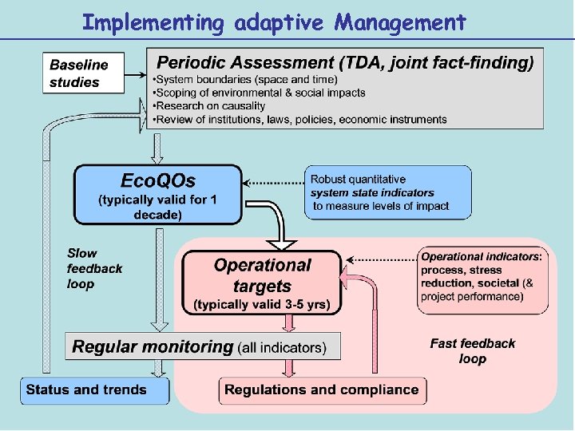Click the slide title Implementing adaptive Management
coord(274,22)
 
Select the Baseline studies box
coord(84,73)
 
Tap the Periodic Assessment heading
coord(344,62)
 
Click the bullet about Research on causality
coord(211,106)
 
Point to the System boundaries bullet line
coord(246,79)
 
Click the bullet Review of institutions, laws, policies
coord(301,120)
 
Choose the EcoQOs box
coord(157,194)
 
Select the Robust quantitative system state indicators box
coord(388,192)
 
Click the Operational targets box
coord(262,283)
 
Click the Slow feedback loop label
coord(94,268)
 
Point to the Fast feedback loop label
coord(473,350)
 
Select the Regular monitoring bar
coord(203,346)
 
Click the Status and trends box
coord(94,390)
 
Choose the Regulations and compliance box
coord(323,390)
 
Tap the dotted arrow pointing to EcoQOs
coord(273,182)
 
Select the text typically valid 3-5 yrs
coord(267,304)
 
